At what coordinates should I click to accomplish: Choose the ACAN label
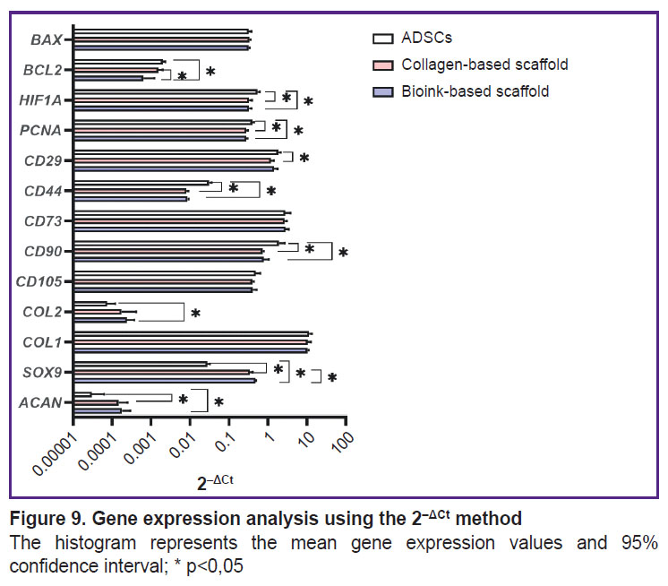pos(40,403)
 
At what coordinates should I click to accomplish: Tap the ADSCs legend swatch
pos(383,39)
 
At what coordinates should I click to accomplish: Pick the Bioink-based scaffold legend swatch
pos(383,91)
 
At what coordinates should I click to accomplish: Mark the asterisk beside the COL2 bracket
pos(196,315)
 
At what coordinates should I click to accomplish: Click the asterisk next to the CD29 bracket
pos(304,159)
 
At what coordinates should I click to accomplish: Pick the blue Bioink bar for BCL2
pos(108,78)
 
